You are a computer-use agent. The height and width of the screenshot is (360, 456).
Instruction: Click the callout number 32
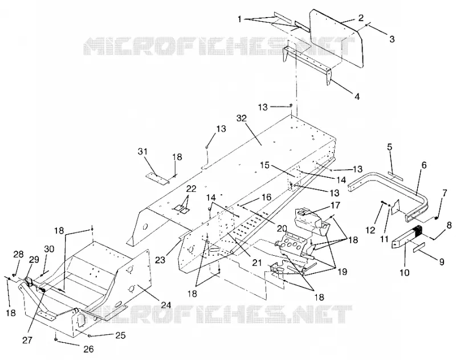241,118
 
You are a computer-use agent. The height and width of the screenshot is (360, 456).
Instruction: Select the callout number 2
361,18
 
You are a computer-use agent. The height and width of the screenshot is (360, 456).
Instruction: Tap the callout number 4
357,96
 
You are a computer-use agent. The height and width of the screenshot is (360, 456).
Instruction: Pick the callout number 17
335,206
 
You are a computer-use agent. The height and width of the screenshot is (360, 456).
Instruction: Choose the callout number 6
424,165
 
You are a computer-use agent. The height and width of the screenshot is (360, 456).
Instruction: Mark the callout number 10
405,272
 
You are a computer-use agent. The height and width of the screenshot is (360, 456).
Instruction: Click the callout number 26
89,349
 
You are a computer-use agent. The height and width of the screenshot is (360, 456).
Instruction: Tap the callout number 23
160,260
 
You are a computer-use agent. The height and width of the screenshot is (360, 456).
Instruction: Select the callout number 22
192,189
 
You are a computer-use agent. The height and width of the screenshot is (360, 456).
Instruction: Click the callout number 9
442,262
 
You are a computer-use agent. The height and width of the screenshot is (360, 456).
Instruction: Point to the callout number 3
392,39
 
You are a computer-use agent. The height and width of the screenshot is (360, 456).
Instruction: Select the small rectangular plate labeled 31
157,179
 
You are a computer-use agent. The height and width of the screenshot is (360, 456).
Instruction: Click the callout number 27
27,339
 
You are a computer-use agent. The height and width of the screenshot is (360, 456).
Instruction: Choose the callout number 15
273,166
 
